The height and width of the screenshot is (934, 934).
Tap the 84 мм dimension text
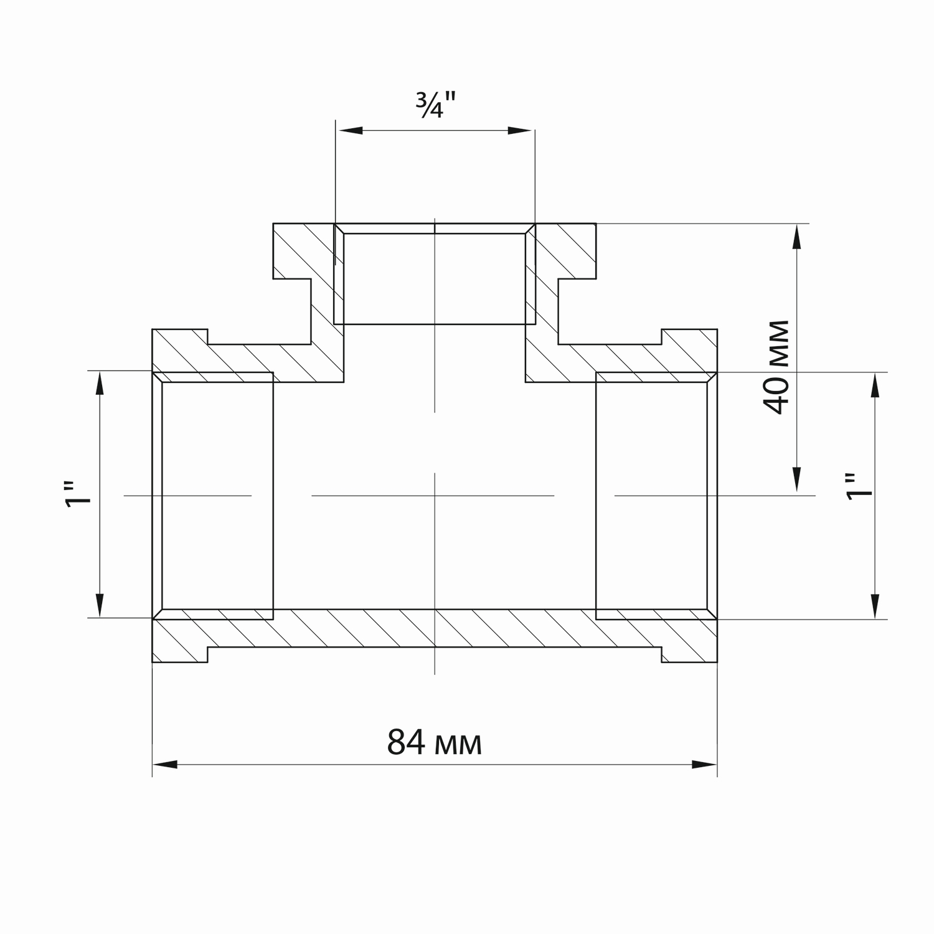coord(435,742)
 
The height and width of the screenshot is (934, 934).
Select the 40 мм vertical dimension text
coord(776,367)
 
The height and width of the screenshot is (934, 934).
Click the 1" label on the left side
coord(78,494)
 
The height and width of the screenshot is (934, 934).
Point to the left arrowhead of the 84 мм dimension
coord(165,765)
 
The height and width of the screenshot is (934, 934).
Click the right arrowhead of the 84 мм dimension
coord(705,765)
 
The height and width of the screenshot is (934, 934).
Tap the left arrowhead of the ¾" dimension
coord(349,131)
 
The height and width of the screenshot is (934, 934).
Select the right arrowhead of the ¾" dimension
coord(521,131)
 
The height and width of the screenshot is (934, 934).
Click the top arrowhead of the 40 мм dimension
coord(796,237)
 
